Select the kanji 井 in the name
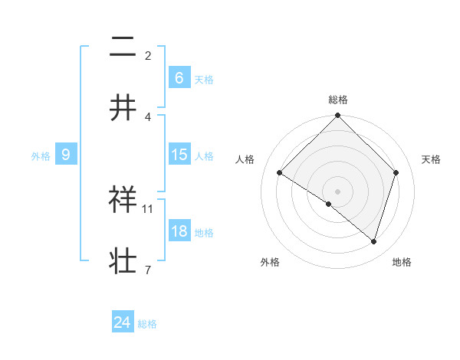[123, 108]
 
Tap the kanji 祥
[123, 201]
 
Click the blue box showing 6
[179, 78]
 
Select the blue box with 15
[179, 155]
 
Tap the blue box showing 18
[179, 231]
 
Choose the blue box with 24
[123, 322]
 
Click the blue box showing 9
[66, 155]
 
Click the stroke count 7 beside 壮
[147, 269]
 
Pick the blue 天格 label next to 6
[204, 80]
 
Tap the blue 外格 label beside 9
[41, 156]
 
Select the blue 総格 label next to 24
[147, 324]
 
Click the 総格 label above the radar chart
[338, 100]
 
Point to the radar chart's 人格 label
[246, 159]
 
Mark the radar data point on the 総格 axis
[337, 116]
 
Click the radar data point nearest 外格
[328, 204]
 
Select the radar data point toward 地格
[373, 242]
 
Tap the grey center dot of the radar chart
[337, 191]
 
